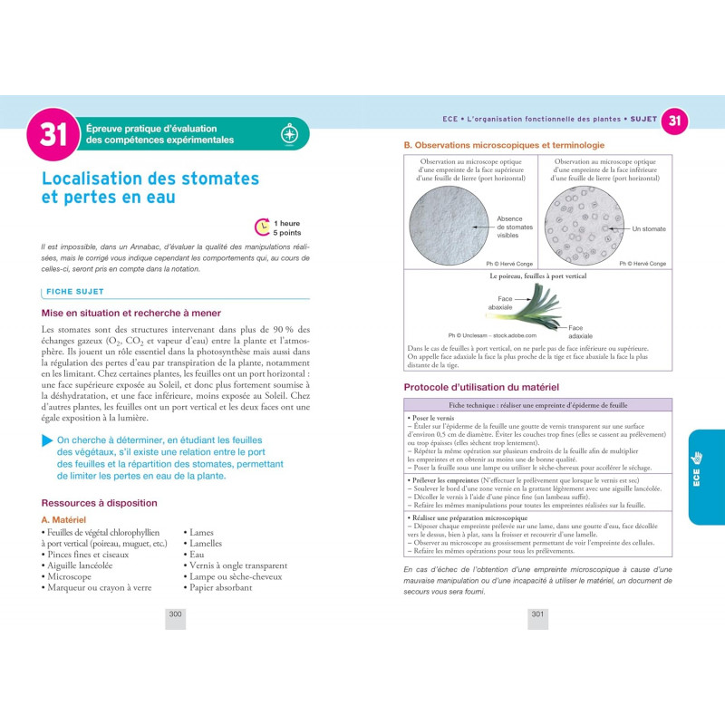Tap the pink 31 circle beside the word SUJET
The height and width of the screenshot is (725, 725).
tap(674, 121)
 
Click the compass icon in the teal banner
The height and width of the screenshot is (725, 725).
tap(289, 134)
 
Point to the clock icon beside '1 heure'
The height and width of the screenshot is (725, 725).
tap(263, 227)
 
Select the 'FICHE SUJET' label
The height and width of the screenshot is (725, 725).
tap(75, 292)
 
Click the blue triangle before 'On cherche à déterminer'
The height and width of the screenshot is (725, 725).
tap(46, 440)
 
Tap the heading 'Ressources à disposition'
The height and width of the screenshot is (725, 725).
tap(100, 503)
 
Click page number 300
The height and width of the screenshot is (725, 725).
tap(176, 614)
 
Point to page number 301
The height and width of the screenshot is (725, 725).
tap(537, 614)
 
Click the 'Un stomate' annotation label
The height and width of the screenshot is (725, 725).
tap(649, 229)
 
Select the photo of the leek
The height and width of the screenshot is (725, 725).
tap(536, 306)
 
